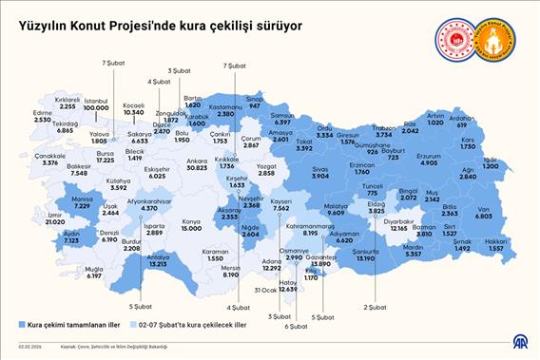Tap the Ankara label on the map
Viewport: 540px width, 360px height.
(x=198, y=163)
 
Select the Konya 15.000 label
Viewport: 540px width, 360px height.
(x=191, y=225)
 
